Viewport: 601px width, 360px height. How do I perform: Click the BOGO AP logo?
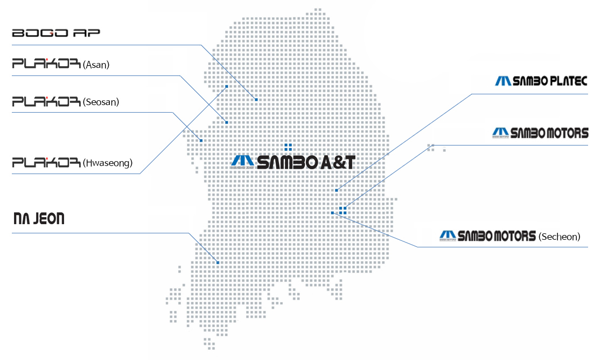point(56,33)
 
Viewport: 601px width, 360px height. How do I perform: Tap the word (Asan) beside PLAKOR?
point(96,65)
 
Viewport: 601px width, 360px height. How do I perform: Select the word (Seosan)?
point(101,101)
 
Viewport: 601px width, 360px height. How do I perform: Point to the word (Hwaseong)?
point(108,162)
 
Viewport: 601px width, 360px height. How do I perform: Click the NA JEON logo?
point(39,219)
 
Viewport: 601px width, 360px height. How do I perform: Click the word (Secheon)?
point(560,236)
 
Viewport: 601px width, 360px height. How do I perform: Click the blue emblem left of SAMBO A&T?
point(242,161)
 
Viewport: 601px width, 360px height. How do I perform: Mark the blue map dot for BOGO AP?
point(256,100)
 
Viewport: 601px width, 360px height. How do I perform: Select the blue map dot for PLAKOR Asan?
point(227,123)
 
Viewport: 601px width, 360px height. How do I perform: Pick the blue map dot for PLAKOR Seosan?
point(201,141)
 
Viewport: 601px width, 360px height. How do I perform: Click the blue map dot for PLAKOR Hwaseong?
point(227,86)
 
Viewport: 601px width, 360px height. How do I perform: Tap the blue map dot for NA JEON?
point(218,263)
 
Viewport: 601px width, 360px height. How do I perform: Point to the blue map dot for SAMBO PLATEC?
point(336,190)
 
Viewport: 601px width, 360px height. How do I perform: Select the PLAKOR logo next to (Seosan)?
point(46,101)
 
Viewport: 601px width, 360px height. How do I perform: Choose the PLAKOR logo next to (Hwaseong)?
point(46,162)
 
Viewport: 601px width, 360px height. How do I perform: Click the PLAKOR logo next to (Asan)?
point(46,65)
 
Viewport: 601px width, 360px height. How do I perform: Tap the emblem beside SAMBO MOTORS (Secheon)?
point(448,236)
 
